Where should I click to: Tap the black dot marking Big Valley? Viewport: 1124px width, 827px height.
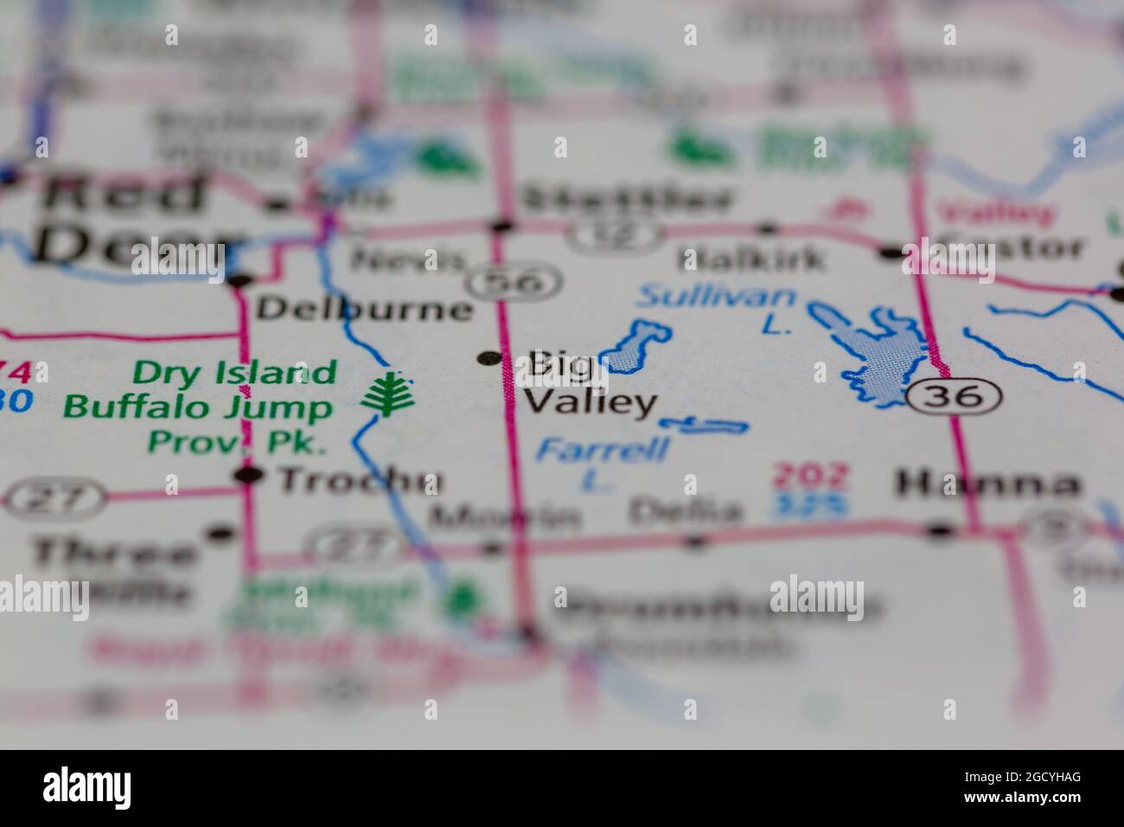(x=489, y=357)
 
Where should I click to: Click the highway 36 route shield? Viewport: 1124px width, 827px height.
(x=955, y=396)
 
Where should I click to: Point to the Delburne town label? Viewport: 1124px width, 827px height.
(x=366, y=309)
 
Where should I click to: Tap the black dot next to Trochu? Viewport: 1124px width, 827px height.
(x=249, y=474)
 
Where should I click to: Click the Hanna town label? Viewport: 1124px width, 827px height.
(x=988, y=484)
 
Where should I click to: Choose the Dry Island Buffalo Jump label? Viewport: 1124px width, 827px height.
(x=200, y=390)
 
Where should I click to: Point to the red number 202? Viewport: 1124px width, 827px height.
(x=810, y=476)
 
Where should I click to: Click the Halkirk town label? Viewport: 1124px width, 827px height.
(x=752, y=259)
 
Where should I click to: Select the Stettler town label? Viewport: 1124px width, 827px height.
(x=629, y=200)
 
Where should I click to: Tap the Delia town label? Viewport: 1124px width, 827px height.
(x=685, y=511)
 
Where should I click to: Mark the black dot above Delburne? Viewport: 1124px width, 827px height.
(x=241, y=280)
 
